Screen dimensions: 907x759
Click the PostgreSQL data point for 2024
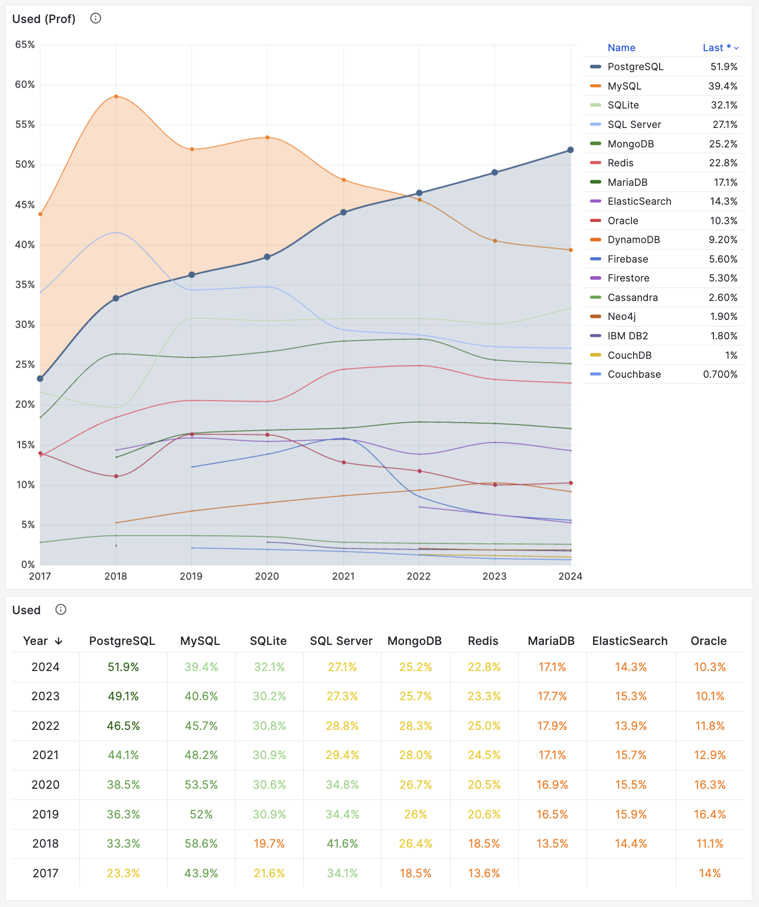(x=571, y=150)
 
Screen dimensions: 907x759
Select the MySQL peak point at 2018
(x=116, y=96)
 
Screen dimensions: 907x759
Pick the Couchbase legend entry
(x=634, y=374)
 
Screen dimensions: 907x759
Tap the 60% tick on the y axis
(x=25, y=84)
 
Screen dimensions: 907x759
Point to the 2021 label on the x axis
(x=343, y=576)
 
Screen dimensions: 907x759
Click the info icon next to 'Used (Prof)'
(x=96, y=18)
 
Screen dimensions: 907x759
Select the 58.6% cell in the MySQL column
(x=201, y=844)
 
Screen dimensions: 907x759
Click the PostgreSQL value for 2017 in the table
(x=123, y=873)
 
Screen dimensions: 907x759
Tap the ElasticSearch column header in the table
(x=630, y=641)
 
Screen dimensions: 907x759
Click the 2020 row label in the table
(x=46, y=785)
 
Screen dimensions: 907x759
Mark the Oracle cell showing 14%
(x=709, y=873)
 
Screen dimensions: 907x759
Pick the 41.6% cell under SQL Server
(x=342, y=844)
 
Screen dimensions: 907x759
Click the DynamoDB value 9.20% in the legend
(x=723, y=240)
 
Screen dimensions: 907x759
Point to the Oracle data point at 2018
(x=116, y=476)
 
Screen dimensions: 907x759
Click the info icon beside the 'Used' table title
(x=61, y=610)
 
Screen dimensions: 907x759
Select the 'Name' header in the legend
(x=621, y=48)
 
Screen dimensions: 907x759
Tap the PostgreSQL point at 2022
(x=419, y=193)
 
